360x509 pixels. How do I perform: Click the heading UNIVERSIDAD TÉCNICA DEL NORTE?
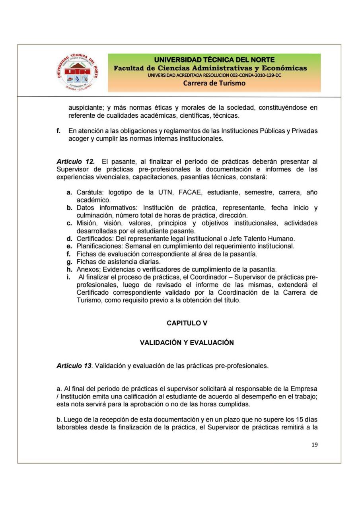(214, 60)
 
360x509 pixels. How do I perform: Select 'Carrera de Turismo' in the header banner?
(214, 83)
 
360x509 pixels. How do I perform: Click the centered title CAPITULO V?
(187, 323)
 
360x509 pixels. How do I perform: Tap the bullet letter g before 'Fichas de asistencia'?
(69, 261)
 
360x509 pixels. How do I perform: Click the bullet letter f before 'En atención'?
(58, 131)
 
